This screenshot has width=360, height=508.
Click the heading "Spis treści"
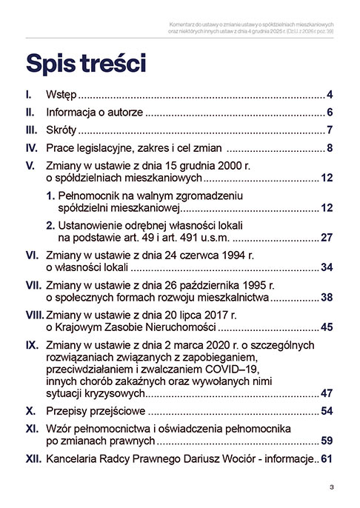(x=85, y=62)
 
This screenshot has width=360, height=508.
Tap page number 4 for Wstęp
(x=330, y=96)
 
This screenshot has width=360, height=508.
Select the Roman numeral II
(x=30, y=113)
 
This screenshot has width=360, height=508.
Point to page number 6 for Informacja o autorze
(x=330, y=113)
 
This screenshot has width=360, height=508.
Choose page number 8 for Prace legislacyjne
(x=330, y=150)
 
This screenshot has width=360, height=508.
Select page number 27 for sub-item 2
(x=327, y=238)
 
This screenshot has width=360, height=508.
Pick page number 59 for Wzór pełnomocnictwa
(x=327, y=441)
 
